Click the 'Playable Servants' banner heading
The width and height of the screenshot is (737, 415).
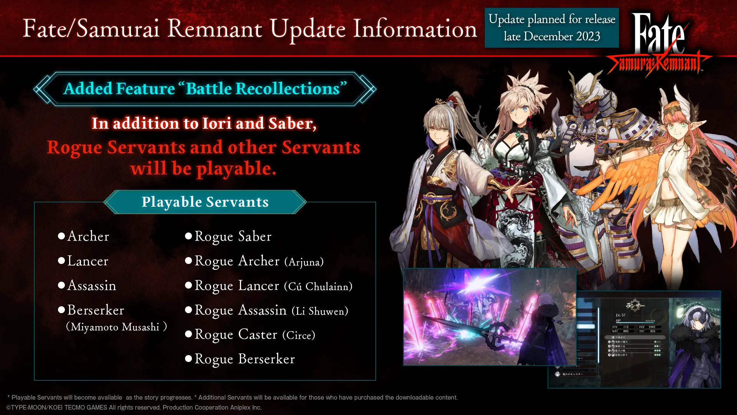click(x=205, y=202)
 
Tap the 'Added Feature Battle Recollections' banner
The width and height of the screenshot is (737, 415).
click(x=205, y=89)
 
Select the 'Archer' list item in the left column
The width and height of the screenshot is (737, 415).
click(x=88, y=236)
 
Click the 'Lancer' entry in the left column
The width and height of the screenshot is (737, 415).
click(x=88, y=261)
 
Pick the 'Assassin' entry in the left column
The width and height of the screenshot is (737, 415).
click(x=91, y=286)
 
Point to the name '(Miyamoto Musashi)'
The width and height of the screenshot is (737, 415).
click(x=116, y=327)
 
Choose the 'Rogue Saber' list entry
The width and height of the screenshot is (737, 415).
click(x=233, y=236)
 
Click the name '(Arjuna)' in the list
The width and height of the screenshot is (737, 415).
click(x=304, y=262)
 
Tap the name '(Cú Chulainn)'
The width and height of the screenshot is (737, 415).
click(x=318, y=287)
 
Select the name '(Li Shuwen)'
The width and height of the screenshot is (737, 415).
click(x=320, y=311)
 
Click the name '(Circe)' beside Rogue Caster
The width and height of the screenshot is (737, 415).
click(x=299, y=335)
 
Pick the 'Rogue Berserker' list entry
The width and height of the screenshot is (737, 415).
click(x=245, y=359)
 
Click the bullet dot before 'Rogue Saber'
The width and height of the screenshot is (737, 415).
click(x=188, y=236)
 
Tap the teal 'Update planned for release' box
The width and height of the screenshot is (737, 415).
click(x=552, y=28)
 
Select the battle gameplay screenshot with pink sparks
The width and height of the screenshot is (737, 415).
click(x=489, y=316)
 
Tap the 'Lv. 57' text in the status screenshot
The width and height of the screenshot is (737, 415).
click(x=620, y=315)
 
